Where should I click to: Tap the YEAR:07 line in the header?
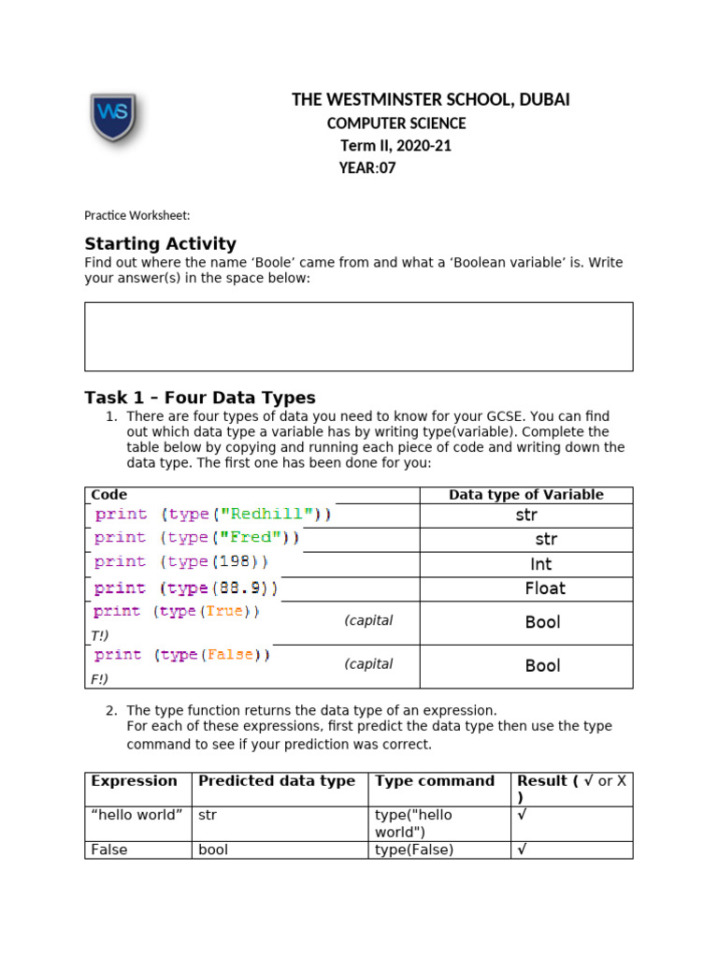[367, 168]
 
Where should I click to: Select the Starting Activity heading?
[160, 244]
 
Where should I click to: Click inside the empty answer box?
[358, 336]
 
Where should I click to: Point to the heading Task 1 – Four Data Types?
[200, 398]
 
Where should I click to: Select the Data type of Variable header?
[525, 495]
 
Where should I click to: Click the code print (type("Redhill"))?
[213, 515]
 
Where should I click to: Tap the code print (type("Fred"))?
[197, 538]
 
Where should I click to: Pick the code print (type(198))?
[181, 562]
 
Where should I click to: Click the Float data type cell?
[545, 588]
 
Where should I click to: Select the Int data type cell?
[540, 564]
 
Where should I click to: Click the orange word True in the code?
[224, 611]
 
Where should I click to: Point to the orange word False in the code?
[229, 655]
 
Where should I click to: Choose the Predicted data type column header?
[277, 781]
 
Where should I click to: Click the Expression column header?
[134, 781]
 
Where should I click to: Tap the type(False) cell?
[413, 849]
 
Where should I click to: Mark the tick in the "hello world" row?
[522, 815]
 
